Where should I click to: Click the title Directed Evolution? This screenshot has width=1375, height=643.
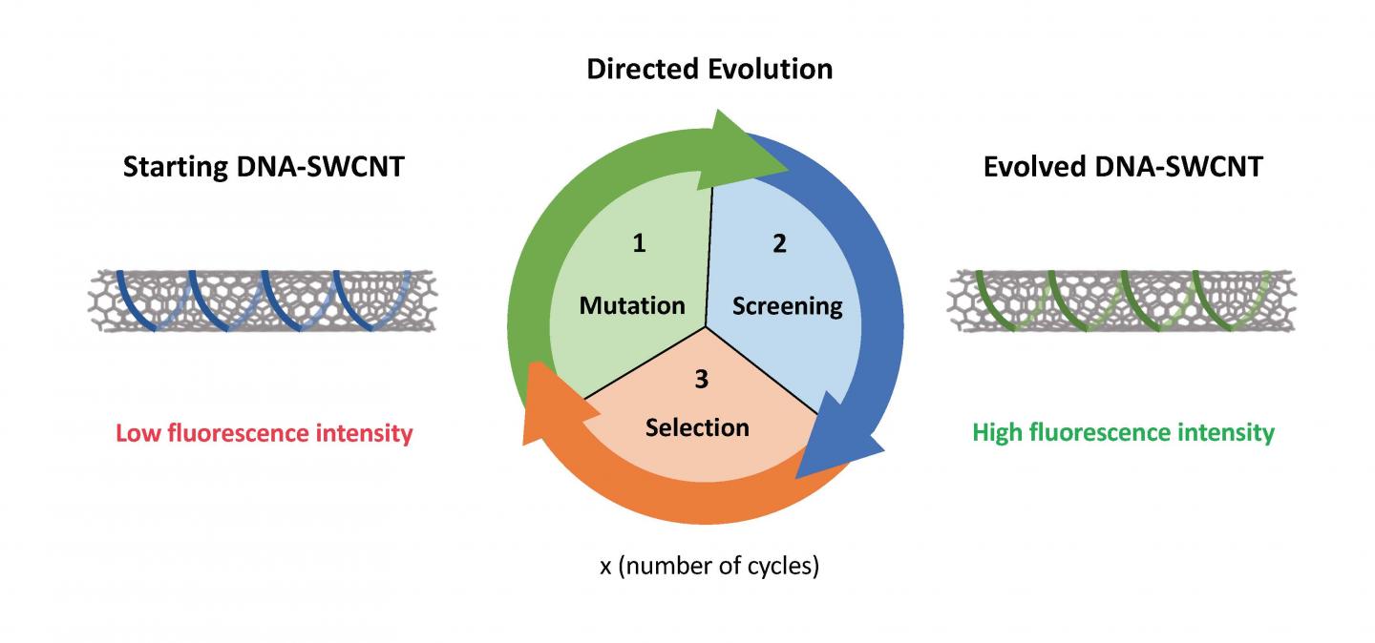709,70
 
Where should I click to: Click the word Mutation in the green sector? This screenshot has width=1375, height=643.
632,305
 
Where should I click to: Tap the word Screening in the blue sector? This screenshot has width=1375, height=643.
787,306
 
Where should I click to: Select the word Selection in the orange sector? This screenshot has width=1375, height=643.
697,426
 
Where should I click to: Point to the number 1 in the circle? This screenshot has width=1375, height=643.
639,243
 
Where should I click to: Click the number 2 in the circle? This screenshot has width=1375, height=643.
779,243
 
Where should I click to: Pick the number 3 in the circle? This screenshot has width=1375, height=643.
701,380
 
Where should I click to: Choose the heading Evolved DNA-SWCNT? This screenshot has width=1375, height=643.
1123,167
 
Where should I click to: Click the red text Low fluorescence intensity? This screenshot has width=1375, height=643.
264,433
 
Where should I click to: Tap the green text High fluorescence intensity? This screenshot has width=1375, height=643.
1123,433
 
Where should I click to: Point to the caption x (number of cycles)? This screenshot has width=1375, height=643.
709,566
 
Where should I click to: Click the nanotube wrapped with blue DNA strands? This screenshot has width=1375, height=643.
262,301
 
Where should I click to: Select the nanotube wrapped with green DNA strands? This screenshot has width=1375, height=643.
1121,301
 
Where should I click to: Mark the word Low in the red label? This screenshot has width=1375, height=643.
138,433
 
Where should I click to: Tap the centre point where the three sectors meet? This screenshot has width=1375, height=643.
706,327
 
